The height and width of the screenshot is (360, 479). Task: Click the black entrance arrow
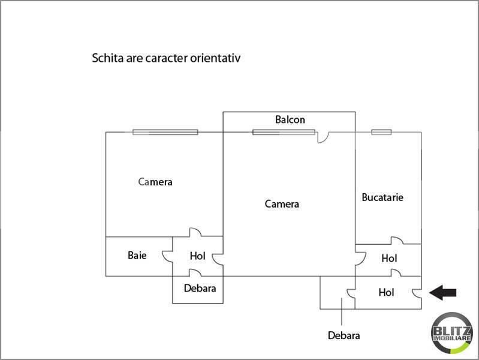tap(442, 293)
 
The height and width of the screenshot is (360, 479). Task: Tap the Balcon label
tap(290, 119)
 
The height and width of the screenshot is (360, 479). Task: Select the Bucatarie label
tap(382, 197)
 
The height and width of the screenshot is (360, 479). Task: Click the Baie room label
tap(137, 255)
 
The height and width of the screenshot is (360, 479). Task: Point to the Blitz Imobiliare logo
tap(451, 333)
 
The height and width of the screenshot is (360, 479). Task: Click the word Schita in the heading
tap(107, 58)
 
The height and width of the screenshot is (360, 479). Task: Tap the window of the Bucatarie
tap(381, 132)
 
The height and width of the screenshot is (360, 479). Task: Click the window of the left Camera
tap(165, 132)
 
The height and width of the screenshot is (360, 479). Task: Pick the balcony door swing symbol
tap(323, 138)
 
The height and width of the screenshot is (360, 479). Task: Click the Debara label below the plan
tap(344, 335)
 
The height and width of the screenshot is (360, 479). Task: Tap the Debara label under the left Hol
tap(200, 288)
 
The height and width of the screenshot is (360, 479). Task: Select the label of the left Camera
tap(155, 182)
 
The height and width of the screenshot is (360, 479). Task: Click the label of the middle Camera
tap(282, 204)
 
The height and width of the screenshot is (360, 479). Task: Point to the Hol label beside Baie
tap(197, 256)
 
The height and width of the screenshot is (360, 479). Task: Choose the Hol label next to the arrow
tap(386, 292)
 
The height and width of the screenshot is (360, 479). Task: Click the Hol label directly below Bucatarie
tap(389, 259)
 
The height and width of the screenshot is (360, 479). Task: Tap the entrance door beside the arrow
tap(417, 293)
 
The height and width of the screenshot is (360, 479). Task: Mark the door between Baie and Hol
tap(167, 256)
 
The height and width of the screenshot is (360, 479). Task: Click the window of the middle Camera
tap(284, 132)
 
